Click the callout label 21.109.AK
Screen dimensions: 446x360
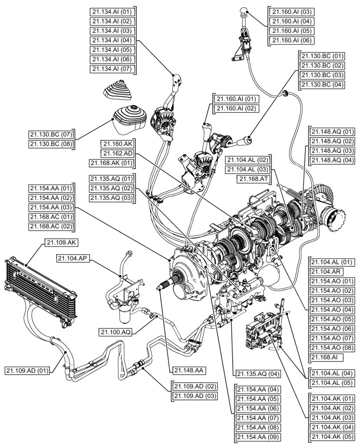pos(61,243)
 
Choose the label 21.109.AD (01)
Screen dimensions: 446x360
pos(27,370)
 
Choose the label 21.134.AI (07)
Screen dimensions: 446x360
pos(112,69)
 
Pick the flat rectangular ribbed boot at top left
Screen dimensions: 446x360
pos(119,89)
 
